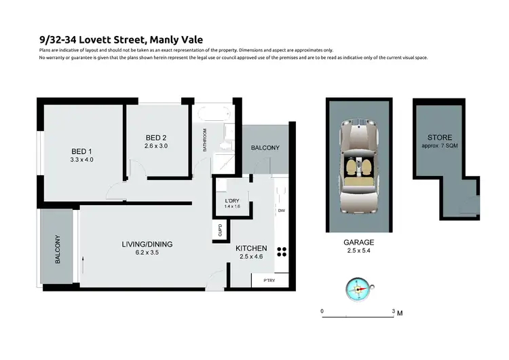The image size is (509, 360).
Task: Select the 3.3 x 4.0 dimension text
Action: (x=81, y=160)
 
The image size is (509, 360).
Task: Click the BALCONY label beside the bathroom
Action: (x=265, y=148)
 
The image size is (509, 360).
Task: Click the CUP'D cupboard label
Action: (x=219, y=231)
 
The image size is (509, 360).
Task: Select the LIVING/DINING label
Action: (x=148, y=244)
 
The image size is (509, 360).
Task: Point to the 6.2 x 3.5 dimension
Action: (x=148, y=253)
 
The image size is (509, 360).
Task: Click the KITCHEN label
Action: (x=251, y=249)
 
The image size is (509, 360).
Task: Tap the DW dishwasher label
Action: (x=281, y=211)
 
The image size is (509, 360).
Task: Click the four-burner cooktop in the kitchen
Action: (x=282, y=250)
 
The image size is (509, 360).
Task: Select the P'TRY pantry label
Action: (x=260, y=280)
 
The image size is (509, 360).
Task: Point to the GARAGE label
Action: (x=360, y=242)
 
